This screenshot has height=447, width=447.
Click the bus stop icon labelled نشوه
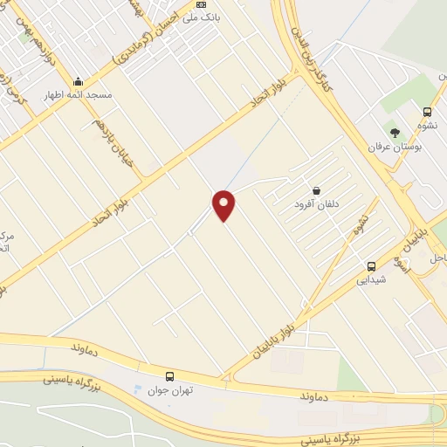click(x=427, y=111)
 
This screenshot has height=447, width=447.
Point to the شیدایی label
click(x=371, y=280)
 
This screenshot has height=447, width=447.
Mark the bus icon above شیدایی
click(x=371, y=266)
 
